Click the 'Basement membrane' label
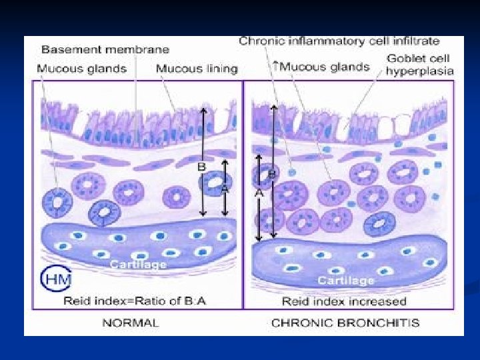point(105,49)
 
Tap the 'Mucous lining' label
point(196,68)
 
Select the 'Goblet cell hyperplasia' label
point(420,65)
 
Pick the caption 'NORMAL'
point(130,323)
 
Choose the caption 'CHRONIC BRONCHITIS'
point(345,323)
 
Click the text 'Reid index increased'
point(344,301)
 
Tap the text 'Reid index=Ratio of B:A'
point(135,301)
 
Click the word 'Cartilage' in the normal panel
point(138,265)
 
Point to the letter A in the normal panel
point(225,189)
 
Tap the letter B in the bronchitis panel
point(272,174)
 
